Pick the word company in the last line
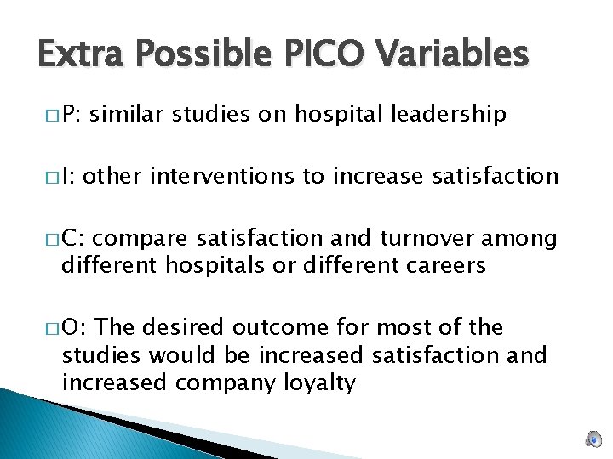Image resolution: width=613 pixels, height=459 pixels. pyautogui.click(x=223, y=383)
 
